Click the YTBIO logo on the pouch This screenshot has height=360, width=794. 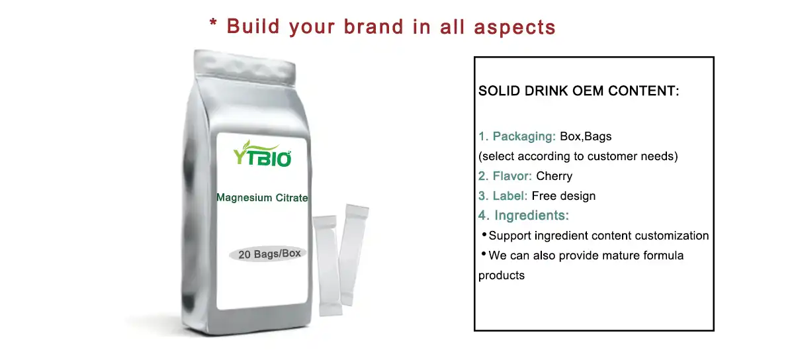[262, 156]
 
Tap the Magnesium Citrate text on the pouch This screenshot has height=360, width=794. [262, 198]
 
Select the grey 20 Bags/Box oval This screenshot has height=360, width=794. [267, 253]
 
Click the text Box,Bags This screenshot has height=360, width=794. [586, 137]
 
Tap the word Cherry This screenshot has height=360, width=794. [554, 176]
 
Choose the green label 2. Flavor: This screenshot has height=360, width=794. [506, 176]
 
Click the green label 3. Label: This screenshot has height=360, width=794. [503, 196]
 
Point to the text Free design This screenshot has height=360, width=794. [563, 196]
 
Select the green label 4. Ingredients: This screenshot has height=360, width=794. [523, 216]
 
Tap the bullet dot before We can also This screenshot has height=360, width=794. [484, 254]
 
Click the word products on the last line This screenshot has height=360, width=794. [502, 275]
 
